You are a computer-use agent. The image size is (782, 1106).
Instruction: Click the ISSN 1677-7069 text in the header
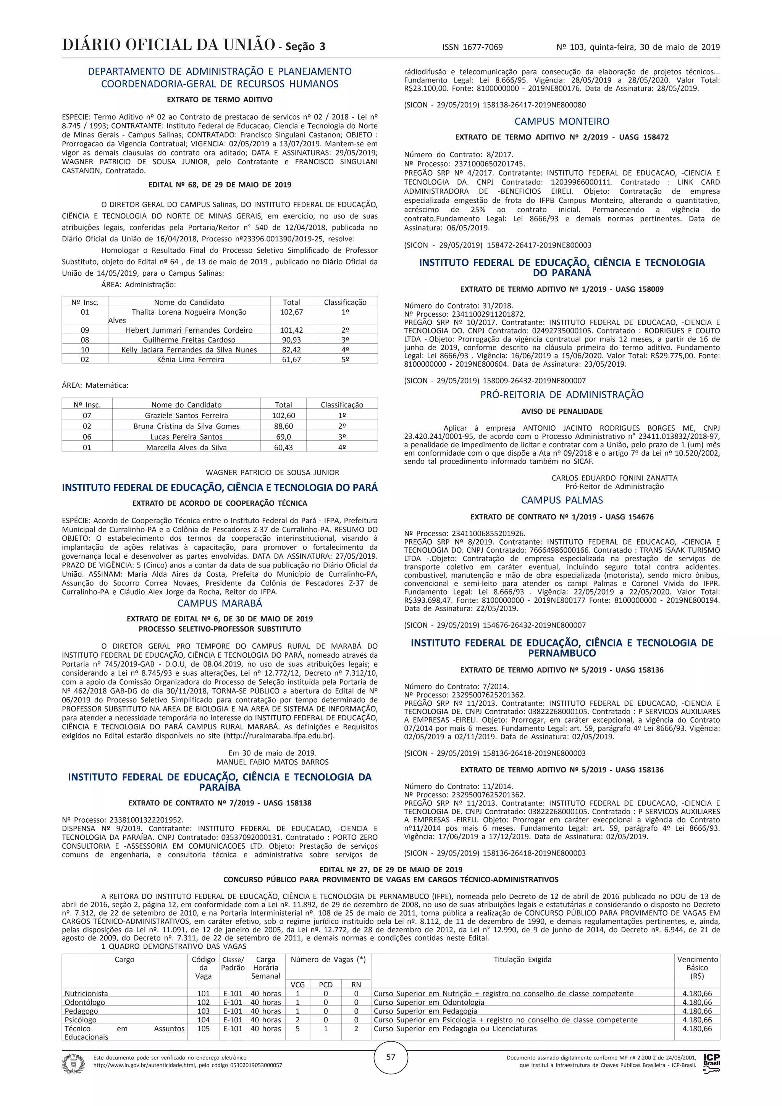click(x=472, y=47)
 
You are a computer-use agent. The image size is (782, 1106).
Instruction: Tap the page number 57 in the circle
click(x=391, y=1056)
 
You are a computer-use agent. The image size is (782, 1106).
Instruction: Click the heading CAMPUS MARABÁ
click(x=220, y=603)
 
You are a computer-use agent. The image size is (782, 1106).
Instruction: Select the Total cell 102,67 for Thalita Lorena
click(x=291, y=312)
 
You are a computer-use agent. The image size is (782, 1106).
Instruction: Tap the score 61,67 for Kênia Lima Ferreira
click(x=291, y=359)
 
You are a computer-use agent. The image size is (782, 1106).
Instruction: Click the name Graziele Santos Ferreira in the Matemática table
click(x=186, y=415)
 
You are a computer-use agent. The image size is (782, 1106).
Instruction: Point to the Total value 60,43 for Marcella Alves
click(x=283, y=448)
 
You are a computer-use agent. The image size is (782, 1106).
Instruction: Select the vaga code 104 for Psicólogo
click(x=203, y=1020)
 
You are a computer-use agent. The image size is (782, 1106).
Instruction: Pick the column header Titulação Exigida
click(x=522, y=960)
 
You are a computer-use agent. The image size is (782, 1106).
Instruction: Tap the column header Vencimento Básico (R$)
click(x=697, y=967)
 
